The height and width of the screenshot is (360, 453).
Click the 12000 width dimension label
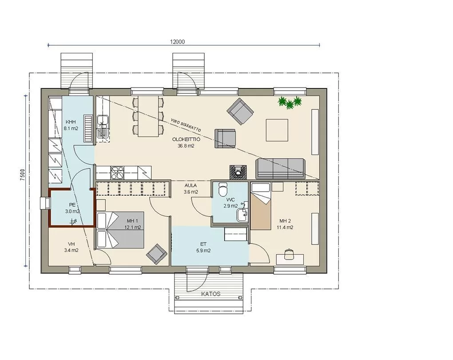click(177, 42)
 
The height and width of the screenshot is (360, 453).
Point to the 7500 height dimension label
click(23, 175)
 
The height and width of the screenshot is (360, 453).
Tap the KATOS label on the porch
click(211, 294)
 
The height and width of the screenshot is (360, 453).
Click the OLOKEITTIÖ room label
click(187, 139)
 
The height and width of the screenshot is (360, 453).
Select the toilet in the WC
click(223, 189)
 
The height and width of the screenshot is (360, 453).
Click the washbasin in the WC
click(242, 215)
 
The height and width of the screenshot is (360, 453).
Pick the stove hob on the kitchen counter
click(117, 173)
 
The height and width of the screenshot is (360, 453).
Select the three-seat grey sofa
click(280, 168)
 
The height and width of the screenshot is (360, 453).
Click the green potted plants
click(290, 103)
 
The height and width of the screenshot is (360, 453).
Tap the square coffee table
click(277, 130)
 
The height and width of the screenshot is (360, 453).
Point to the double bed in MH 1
click(120, 230)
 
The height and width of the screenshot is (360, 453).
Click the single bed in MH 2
click(261, 206)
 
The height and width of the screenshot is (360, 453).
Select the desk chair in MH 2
click(289, 254)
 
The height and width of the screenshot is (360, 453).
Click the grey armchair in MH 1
click(156, 254)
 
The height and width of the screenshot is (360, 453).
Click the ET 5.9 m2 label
click(203, 248)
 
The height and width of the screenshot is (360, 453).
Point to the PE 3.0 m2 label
click(72, 208)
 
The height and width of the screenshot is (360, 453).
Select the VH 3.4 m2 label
click(71, 247)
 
